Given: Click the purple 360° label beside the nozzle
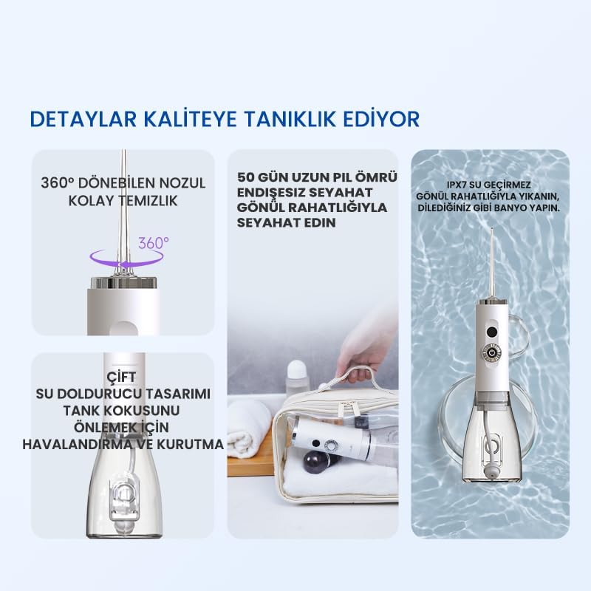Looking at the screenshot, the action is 154,243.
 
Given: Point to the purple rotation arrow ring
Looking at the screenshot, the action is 126,264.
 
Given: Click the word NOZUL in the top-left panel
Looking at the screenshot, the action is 182,183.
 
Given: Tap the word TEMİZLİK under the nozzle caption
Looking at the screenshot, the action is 148,200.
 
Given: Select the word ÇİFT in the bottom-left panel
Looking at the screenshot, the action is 121,377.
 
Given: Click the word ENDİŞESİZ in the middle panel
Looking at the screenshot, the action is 271,192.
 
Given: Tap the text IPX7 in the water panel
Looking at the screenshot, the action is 457,185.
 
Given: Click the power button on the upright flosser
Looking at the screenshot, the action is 491,353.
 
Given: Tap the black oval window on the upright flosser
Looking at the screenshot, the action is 491,332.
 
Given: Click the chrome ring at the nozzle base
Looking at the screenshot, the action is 123,282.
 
